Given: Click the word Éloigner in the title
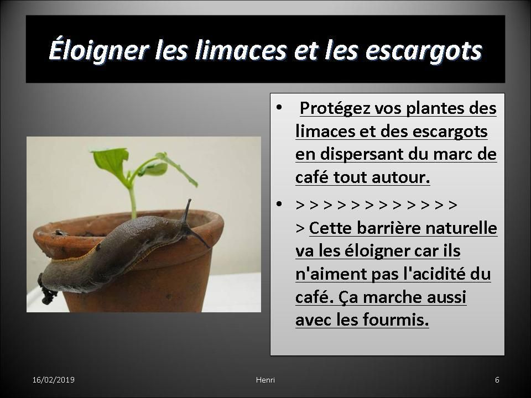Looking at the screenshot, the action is pyautogui.click(x=99, y=50).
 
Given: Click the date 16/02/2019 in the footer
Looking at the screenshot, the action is pyautogui.click(x=54, y=380).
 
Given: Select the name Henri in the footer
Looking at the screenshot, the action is pyautogui.click(x=265, y=380).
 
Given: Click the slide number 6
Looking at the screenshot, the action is pyautogui.click(x=497, y=380).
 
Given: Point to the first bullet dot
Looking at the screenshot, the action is pyautogui.click(x=279, y=108).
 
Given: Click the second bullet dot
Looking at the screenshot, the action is pyautogui.click(x=279, y=204).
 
